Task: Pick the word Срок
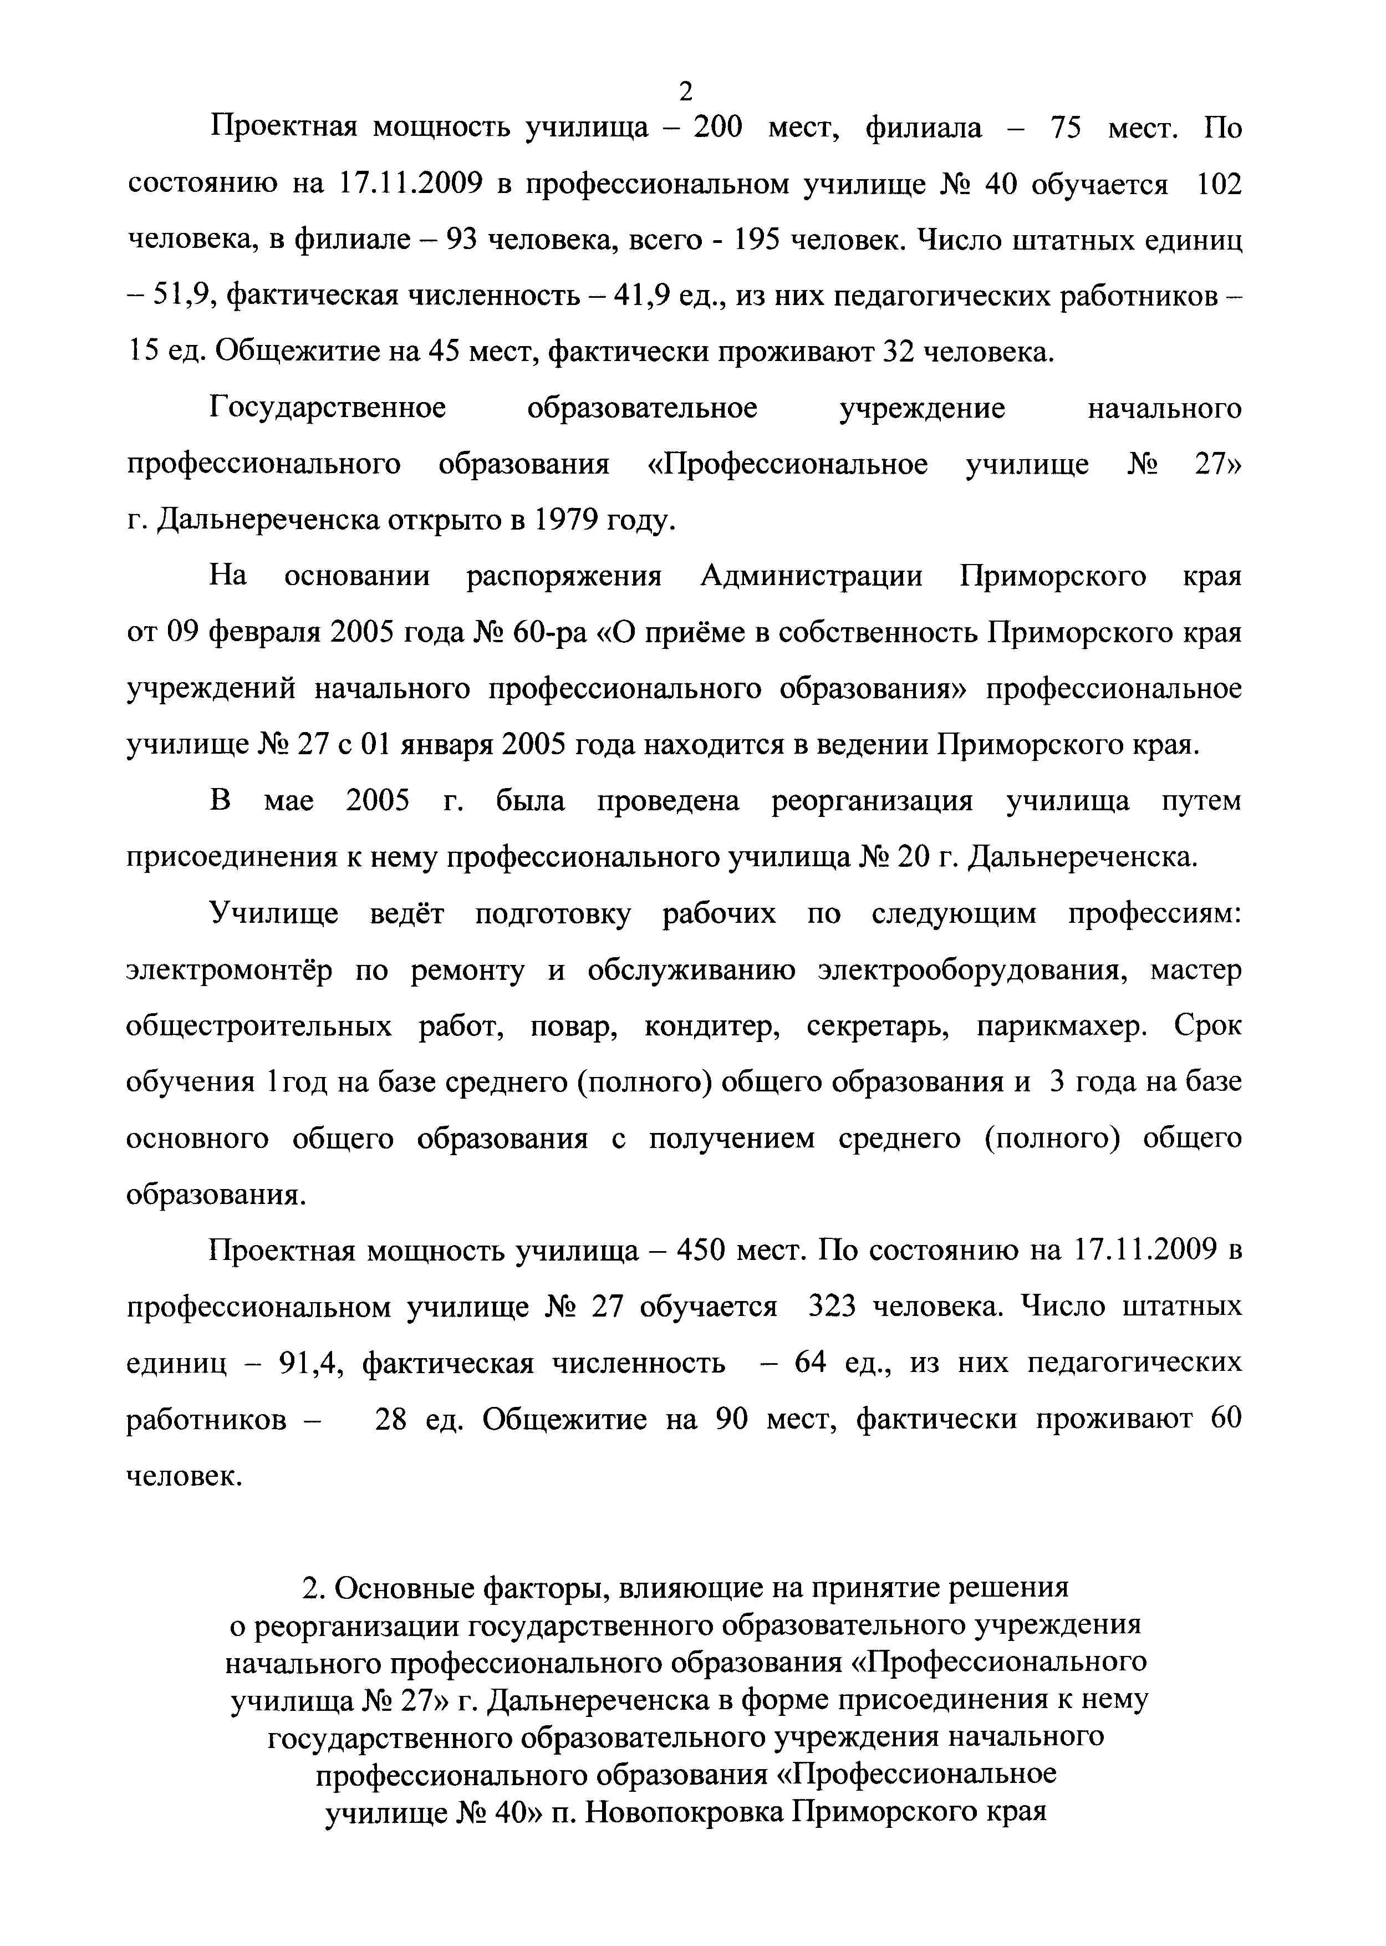(1207, 1026)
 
